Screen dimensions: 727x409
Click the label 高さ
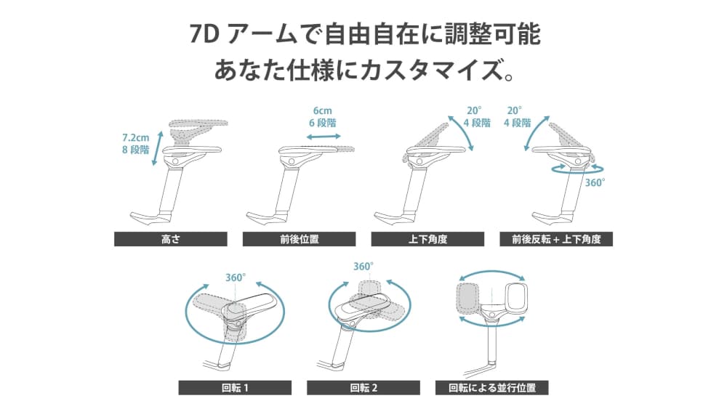171,239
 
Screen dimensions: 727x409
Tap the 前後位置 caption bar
299,239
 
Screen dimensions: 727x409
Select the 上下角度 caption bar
427,239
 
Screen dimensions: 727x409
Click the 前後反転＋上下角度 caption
556,239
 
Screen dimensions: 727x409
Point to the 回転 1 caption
235,388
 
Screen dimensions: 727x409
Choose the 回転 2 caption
363,388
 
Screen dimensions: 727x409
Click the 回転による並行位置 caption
492,388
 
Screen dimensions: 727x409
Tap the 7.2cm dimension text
136,137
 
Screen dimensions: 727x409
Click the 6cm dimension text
323,110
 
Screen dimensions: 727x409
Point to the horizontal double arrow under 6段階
324,137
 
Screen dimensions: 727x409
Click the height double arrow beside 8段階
158,148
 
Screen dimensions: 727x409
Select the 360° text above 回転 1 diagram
236,278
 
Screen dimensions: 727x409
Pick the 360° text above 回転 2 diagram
363,267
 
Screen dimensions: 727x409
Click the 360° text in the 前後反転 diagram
595,182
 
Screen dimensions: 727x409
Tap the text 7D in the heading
204,35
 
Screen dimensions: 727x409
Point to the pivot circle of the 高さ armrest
175,161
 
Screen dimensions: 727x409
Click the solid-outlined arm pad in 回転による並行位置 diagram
517,296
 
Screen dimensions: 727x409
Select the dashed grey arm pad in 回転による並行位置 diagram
467,297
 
